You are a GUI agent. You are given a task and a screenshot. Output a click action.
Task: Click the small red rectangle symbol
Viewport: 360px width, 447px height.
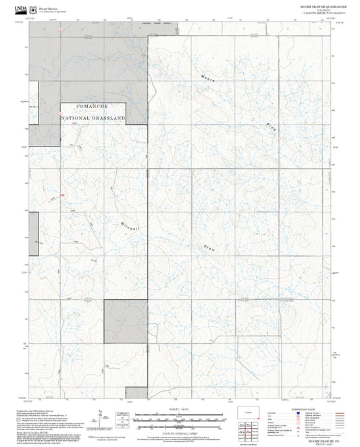(62, 195)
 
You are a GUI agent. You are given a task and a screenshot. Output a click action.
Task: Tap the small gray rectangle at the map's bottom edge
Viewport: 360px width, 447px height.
(137, 392)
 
